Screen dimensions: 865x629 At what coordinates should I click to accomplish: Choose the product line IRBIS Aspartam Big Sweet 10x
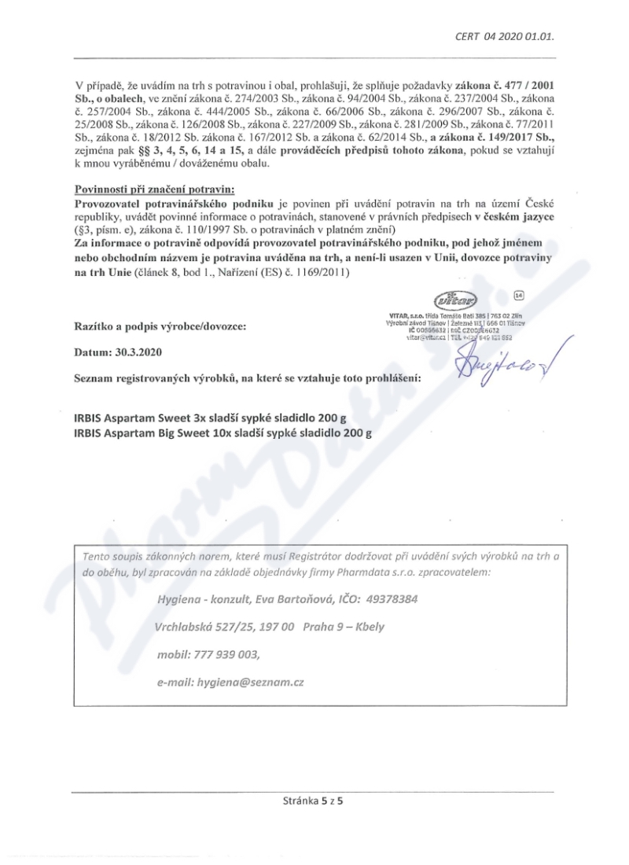(223, 432)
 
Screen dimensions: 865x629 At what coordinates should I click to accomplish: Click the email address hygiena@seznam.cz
(251, 682)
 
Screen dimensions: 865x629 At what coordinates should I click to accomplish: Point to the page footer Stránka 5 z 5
(314, 802)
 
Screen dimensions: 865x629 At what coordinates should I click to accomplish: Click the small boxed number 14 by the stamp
(518, 295)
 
